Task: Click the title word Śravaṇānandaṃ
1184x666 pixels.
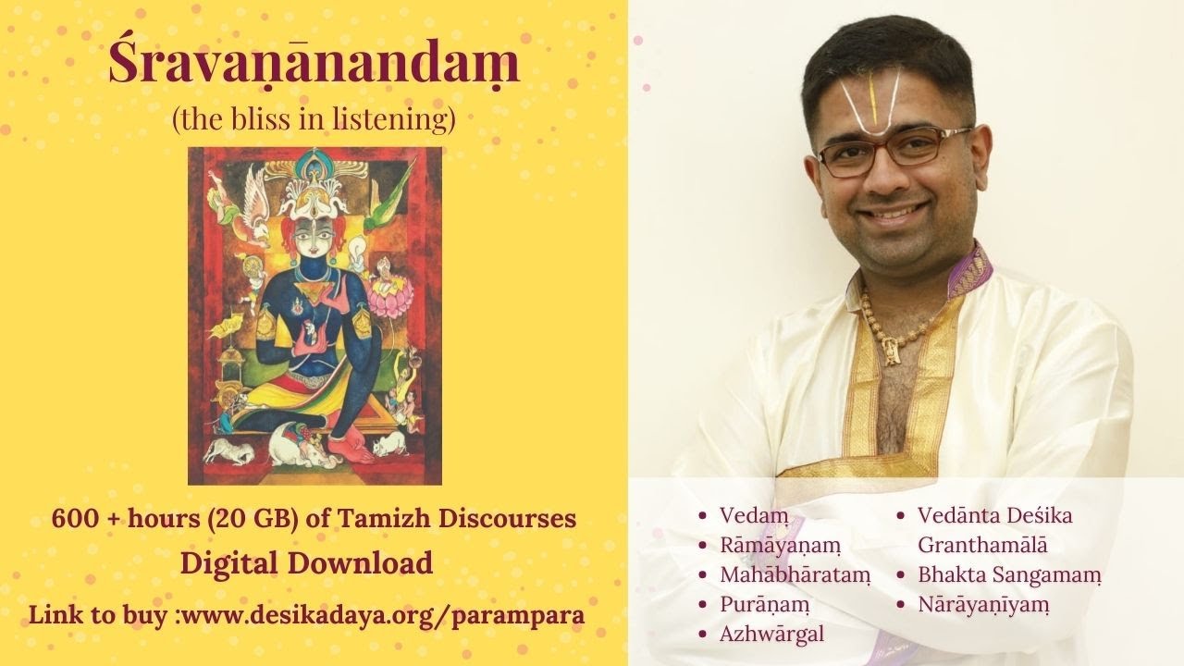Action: tap(314, 66)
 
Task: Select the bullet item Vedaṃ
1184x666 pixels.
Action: tap(749, 515)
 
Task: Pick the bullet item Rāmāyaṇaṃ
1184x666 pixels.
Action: tap(780, 545)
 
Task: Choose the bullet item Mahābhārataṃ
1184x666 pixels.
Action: tap(795, 574)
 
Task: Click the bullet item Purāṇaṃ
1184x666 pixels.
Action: tap(764, 604)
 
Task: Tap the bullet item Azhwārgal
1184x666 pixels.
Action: tap(771, 634)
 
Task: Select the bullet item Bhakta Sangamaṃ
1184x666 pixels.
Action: tap(1009, 574)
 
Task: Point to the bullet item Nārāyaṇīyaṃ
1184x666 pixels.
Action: tap(984, 604)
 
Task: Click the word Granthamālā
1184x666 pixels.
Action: tap(982, 545)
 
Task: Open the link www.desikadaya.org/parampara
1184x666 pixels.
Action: tap(380, 614)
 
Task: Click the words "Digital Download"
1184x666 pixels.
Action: tap(306, 562)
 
